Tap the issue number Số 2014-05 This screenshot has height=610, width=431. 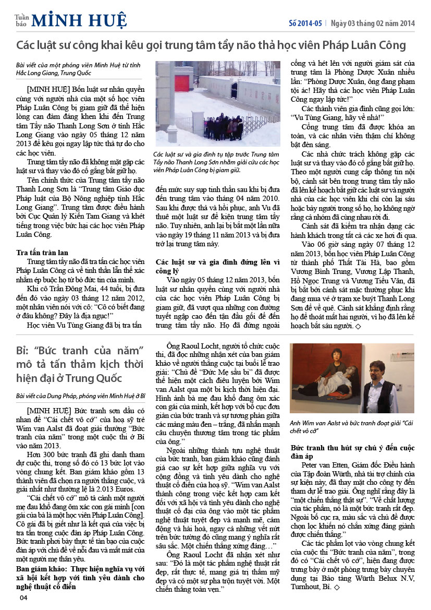(305, 23)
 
